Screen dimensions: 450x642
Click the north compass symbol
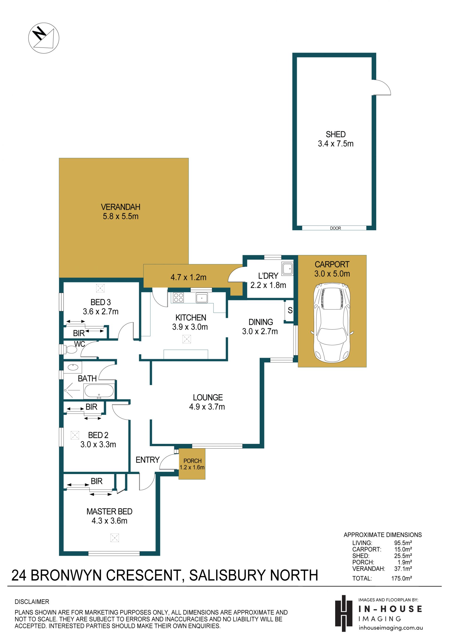44,38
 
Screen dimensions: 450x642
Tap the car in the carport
332,323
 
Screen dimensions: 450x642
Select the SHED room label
336,134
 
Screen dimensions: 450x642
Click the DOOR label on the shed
335,228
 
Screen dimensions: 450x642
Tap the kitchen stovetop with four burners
178,297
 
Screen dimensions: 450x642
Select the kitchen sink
202,298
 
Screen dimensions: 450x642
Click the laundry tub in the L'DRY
287,269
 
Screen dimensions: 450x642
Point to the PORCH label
192,460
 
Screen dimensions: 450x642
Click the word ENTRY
147,460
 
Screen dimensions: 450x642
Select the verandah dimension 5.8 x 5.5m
121,216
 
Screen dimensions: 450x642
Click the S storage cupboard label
290,310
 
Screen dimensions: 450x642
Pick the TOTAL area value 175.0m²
401,578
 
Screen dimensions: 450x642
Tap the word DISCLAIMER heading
32,601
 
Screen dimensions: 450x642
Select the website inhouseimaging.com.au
391,628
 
